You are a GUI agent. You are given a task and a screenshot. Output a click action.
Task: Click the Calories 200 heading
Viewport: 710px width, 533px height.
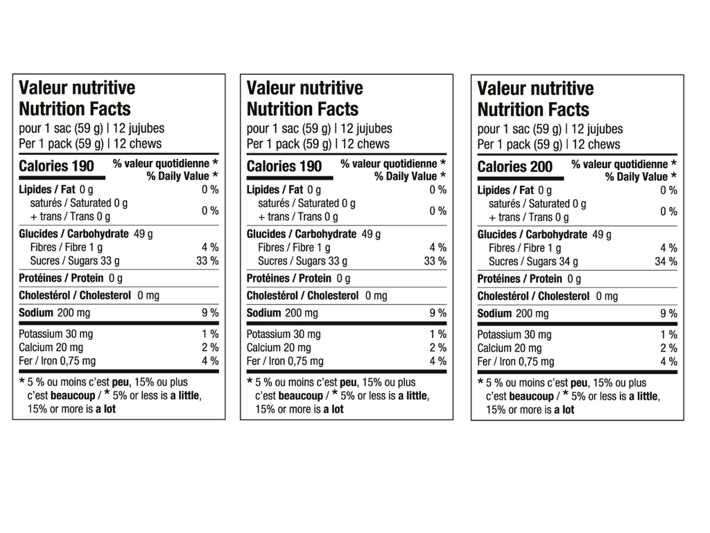coord(515,167)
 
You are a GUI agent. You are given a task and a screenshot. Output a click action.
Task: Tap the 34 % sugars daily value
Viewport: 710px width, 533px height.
coord(666,262)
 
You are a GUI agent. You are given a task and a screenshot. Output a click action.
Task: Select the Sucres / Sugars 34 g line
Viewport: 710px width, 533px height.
coord(533,262)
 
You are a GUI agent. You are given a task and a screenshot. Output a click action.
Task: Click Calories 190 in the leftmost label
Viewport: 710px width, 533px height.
coord(56,166)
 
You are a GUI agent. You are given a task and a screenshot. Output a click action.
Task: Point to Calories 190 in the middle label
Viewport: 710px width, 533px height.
coord(284,166)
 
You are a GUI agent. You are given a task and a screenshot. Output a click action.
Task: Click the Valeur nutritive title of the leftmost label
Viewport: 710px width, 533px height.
coord(77,88)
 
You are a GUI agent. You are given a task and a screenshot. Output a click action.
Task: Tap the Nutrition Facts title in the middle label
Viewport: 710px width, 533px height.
coord(302,109)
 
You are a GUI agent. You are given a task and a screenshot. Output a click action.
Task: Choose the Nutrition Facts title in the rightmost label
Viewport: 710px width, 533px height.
coord(533,110)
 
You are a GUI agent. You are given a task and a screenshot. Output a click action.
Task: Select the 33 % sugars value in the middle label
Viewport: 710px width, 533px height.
coord(435,261)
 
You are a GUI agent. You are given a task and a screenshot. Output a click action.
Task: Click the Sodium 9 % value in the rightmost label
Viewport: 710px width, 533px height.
coord(668,314)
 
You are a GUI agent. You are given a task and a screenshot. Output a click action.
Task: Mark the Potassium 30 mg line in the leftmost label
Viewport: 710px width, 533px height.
coord(56,334)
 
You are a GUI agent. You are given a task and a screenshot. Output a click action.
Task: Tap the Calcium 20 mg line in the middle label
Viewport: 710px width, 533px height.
coord(279,348)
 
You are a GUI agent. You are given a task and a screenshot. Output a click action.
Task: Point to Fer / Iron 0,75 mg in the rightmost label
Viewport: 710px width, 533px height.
coord(516,362)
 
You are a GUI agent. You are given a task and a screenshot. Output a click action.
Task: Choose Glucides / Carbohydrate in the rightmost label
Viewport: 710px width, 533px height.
coord(532,235)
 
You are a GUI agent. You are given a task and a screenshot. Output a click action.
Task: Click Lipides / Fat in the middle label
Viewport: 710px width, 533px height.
coord(275,189)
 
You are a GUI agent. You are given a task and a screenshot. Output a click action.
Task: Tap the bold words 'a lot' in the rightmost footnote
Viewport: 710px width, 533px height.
coord(564,409)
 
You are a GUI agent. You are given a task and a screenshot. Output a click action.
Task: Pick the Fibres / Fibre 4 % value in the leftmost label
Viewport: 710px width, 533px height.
coord(210,247)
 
